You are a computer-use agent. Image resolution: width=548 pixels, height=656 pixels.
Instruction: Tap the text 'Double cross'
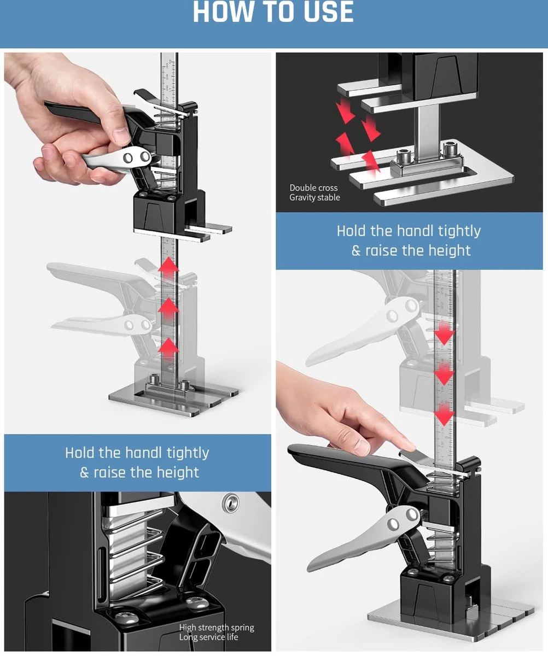[313, 188]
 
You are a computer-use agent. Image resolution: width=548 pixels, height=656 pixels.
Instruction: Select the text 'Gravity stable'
[314, 197]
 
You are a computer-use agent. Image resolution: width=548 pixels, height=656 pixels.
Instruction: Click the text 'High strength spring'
[217, 628]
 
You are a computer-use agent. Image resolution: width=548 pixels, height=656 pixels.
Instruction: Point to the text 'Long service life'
[209, 637]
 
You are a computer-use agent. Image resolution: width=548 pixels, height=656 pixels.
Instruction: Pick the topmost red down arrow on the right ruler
[444, 335]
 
